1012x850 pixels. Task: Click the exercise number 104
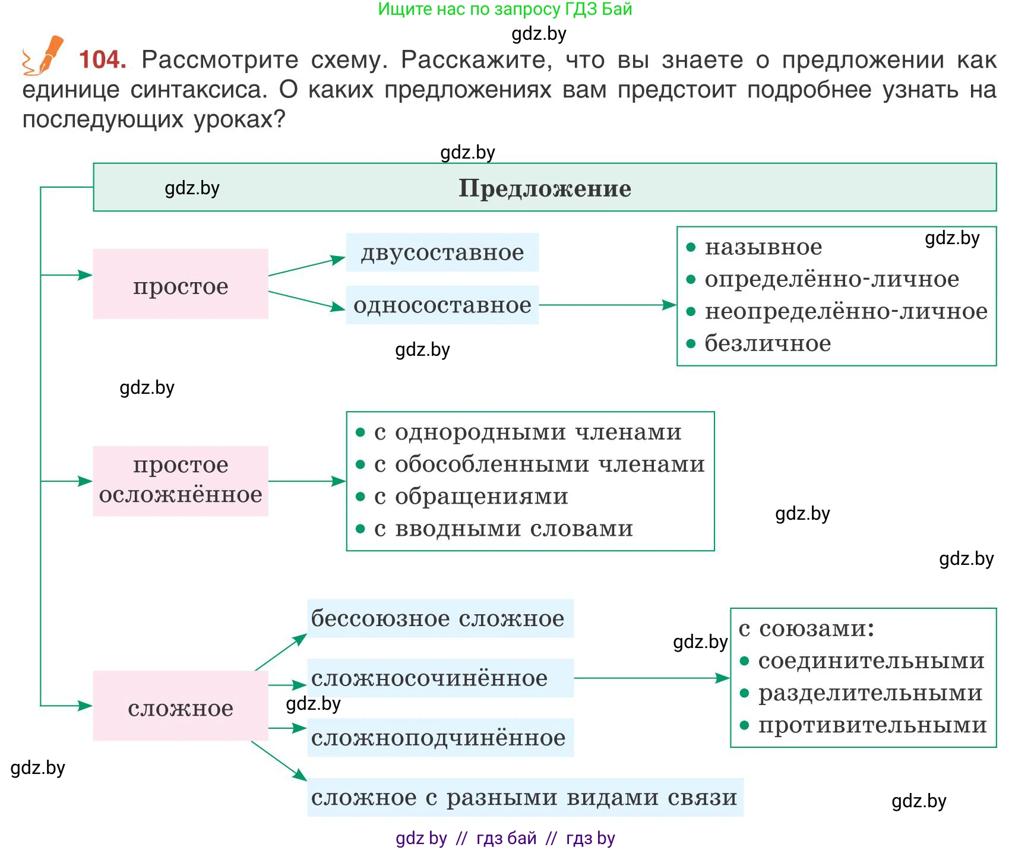click(x=102, y=59)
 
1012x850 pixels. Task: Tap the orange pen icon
click(x=44, y=55)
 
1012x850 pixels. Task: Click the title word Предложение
click(x=545, y=188)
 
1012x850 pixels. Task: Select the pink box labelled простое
click(x=181, y=285)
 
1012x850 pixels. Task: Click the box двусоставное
click(x=442, y=252)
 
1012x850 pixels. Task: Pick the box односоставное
click(x=442, y=305)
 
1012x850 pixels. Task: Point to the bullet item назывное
click(x=763, y=247)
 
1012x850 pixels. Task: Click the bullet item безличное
click(x=767, y=343)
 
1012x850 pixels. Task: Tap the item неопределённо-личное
click(x=846, y=311)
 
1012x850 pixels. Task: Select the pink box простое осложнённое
click(x=181, y=481)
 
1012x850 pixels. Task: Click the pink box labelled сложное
click(x=181, y=706)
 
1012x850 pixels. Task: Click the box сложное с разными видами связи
click(x=524, y=797)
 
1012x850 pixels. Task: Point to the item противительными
click(x=872, y=725)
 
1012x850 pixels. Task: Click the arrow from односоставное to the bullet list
click(x=606, y=305)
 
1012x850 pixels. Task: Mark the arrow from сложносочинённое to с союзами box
click(x=650, y=678)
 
